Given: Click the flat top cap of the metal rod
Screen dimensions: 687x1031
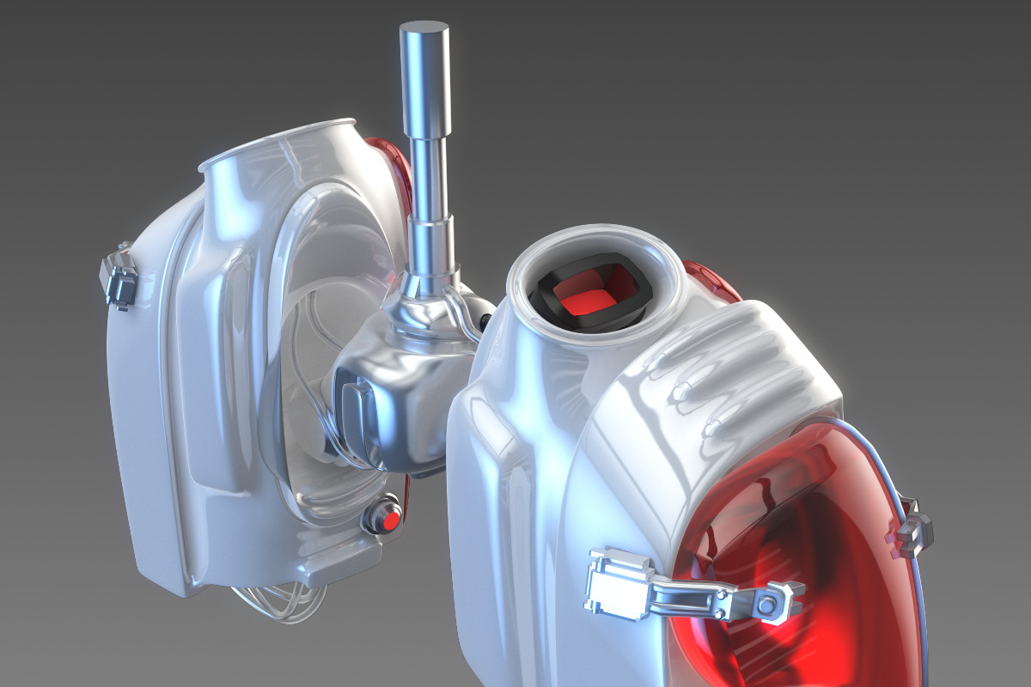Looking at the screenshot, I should tap(424, 32).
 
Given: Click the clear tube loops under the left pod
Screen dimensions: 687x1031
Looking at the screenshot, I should tap(275, 601).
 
